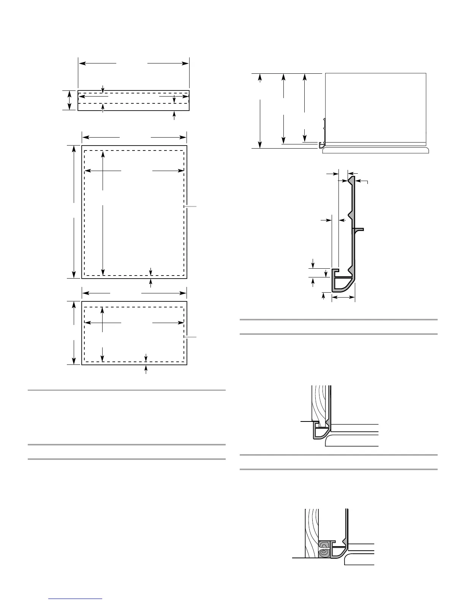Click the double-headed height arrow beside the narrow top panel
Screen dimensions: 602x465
[69, 100]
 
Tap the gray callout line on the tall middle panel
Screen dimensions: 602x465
[191, 206]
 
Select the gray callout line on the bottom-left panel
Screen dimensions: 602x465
[191, 337]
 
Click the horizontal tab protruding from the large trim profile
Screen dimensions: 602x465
[359, 229]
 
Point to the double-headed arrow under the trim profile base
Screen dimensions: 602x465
[343, 298]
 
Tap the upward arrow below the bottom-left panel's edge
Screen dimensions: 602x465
[146, 370]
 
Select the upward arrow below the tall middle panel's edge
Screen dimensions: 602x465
[151, 282]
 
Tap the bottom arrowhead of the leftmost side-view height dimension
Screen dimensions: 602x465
[260, 145]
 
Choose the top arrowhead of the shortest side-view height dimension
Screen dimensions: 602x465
[305, 77]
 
